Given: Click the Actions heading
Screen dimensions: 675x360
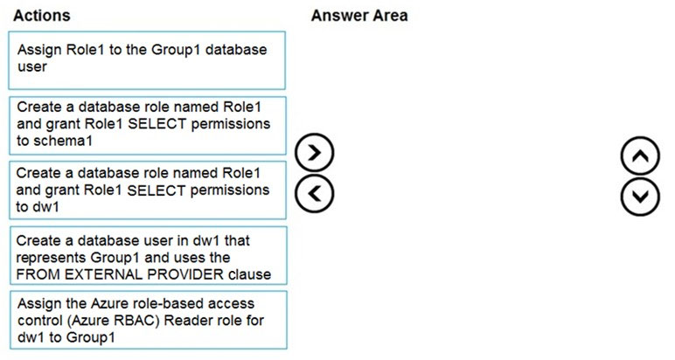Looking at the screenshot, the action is pos(42,16).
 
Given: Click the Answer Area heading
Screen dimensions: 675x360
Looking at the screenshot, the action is pos(359,16).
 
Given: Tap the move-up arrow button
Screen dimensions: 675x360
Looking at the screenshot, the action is pos(640,156).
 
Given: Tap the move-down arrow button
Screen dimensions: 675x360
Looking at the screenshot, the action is pos(640,197).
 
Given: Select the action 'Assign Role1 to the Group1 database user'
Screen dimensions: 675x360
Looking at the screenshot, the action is pos(147,60).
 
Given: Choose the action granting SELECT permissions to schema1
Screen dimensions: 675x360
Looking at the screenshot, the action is pos(147,126).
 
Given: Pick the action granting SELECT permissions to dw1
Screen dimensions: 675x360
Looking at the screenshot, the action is pos(147,190).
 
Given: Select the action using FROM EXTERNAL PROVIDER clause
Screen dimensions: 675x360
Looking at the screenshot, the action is pos(148,255).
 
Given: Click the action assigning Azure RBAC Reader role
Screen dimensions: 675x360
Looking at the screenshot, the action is pos(148,320).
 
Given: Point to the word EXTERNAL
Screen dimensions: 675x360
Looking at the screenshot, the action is pos(105,274).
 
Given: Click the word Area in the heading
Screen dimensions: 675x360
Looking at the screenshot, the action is pos(391,16).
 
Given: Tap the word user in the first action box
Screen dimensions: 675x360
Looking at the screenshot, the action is pos(32,66).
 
